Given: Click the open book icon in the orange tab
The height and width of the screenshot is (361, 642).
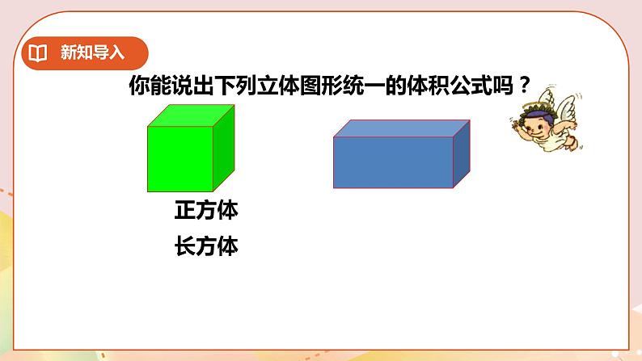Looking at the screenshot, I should tap(38, 54).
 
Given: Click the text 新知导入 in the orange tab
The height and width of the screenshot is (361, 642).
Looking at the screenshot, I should tap(92, 54).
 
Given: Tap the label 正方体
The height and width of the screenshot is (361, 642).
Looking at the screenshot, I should tap(206, 211).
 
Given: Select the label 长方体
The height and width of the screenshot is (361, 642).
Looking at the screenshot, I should tap(206, 246).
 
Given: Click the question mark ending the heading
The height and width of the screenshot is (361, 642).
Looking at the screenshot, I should tap(526, 83).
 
